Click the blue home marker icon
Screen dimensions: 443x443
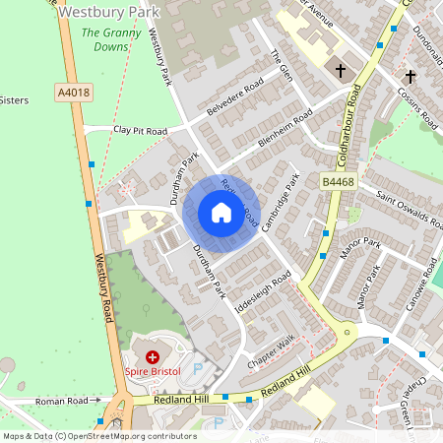(221, 213)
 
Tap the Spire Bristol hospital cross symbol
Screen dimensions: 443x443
(153, 357)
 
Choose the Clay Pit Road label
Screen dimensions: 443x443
(140, 130)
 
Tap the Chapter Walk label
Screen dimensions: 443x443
(271, 353)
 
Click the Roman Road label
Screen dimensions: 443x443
(62, 401)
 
